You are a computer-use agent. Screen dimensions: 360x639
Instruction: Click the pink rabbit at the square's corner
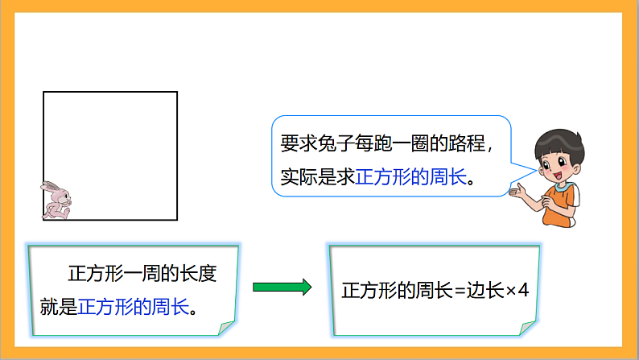click(x=56, y=200)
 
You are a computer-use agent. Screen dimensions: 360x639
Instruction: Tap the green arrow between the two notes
click(x=282, y=286)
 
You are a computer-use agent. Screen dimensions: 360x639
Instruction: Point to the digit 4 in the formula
click(x=524, y=290)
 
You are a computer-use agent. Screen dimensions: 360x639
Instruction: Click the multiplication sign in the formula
click(x=510, y=290)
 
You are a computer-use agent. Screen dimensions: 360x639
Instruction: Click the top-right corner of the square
click(x=177, y=93)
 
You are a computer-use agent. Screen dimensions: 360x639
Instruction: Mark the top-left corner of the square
click(x=43, y=93)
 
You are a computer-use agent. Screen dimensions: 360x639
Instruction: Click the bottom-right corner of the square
click(x=177, y=220)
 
